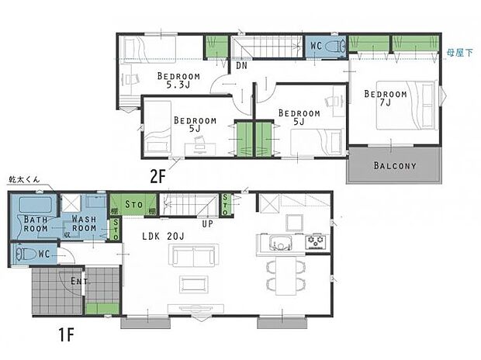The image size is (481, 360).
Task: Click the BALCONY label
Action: tap(394, 166)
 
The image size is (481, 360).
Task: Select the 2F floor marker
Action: tap(160, 176)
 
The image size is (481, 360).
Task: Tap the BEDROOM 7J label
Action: tap(386, 99)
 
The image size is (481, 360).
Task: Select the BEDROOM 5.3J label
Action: tap(178, 81)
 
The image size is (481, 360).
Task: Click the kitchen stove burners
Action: tap(317, 242)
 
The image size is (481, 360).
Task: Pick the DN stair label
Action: tap(241, 67)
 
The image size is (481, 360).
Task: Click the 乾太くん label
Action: tap(22, 178)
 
